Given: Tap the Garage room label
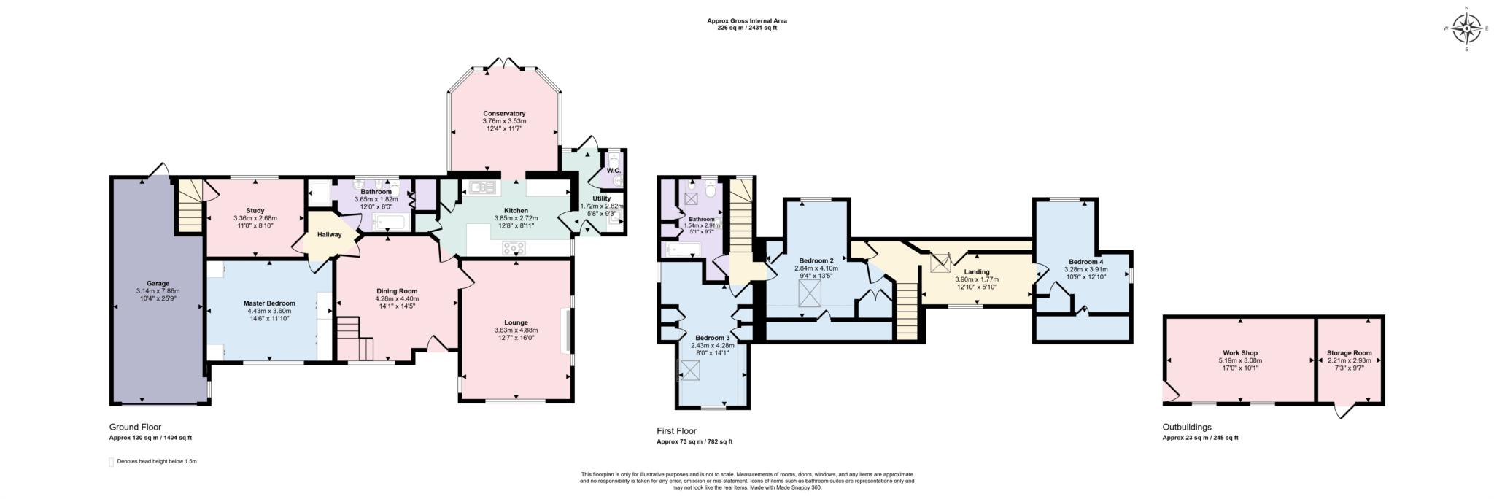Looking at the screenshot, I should [x=158, y=283].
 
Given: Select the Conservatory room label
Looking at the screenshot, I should [x=504, y=113].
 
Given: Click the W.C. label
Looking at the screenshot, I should [x=613, y=171].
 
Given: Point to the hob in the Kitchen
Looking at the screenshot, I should [x=514, y=248].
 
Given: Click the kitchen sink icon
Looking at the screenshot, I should [x=482, y=188].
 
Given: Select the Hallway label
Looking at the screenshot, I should [x=329, y=234].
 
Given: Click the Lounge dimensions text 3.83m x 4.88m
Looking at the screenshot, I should [x=516, y=330].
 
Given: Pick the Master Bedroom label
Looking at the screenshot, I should [x=270, y=303].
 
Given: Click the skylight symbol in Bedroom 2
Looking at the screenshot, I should [x=808, y=295].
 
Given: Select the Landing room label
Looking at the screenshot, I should [x=977, y=271].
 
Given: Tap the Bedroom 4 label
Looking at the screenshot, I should [x=1085, y=262].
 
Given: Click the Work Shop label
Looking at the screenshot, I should [x=1239, y=352].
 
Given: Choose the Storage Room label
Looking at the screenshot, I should [x=1349, y=352].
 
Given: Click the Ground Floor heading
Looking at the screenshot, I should [x=135, y=427].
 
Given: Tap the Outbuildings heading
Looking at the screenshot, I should [x=1186, y=427].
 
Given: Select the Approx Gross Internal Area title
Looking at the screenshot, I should [x=746, y=20].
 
